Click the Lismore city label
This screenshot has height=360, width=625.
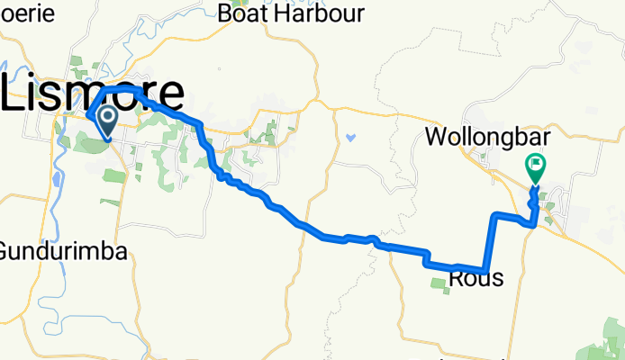95,92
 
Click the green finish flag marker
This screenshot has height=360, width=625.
536,166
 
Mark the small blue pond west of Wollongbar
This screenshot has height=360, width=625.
349,139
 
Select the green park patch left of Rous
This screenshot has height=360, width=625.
439,284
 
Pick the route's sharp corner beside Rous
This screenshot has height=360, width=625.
485,269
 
